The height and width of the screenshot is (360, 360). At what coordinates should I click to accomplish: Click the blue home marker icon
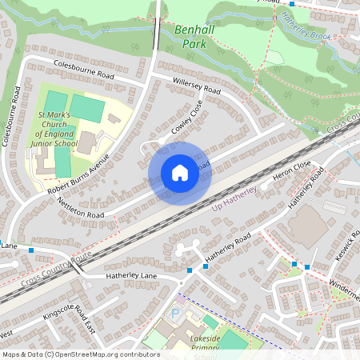pyautogui.click(x=180, y=173)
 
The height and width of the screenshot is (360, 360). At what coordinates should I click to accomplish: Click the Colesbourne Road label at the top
pyautogui.click(x=84, y=70)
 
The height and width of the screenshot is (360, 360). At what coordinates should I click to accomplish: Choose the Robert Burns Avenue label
pyautogui.click(x=77, y=174)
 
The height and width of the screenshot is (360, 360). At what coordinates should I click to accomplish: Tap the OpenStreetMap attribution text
pyautogui.click(x=80, y=354)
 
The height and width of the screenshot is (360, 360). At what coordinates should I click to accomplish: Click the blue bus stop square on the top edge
pyautogui.click(x=292, y=3)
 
